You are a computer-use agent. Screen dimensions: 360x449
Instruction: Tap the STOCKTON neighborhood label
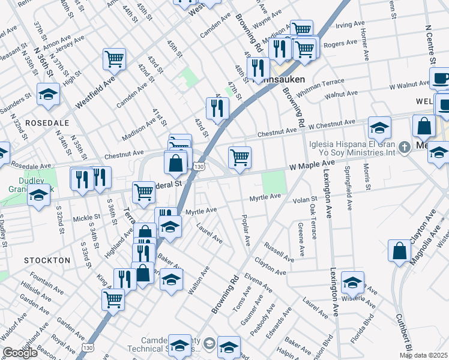point(47,260)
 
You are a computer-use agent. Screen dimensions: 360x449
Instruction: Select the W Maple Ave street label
point(310,164)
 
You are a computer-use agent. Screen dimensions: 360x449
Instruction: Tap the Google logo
point(20,353)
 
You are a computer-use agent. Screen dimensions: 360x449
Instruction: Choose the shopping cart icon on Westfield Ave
point(114,59)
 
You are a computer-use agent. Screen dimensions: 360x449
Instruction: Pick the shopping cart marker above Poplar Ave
point(240,157)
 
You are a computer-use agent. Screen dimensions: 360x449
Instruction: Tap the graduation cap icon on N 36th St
point(48,94)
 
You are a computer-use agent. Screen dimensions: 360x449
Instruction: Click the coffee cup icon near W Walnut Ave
point(441,79)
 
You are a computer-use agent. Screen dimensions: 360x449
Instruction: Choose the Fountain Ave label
point(45,282)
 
